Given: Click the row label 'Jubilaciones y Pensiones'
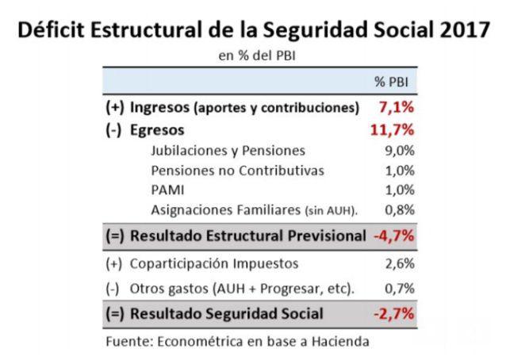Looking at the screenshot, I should pos(227,150).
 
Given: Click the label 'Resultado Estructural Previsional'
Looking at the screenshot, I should pos(247,236).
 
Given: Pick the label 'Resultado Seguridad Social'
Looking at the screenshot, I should pos(226,313).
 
